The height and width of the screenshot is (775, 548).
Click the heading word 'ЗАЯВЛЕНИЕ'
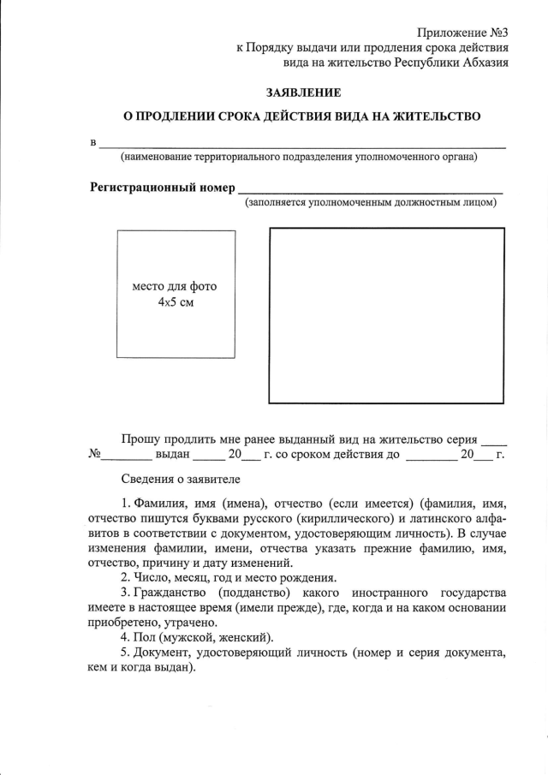302,92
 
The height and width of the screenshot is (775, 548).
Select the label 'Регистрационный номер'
162,188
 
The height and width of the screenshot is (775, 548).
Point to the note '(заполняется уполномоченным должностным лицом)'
370,204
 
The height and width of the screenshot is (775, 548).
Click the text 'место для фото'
176,287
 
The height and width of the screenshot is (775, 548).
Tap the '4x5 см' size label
176,303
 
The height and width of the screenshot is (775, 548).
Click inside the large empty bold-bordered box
387,314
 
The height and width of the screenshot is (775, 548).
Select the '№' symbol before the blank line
96,455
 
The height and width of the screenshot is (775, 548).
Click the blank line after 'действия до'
432,458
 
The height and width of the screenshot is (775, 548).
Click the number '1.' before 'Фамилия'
126,501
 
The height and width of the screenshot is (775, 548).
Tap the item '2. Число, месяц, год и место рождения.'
229,577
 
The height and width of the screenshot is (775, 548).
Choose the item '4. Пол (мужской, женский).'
197,638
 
